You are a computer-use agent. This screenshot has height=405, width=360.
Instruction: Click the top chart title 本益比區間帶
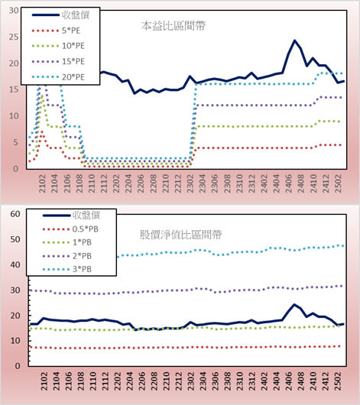[x=174, y=26]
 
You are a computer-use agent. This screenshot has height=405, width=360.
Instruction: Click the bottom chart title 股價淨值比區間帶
[x=180, y=235]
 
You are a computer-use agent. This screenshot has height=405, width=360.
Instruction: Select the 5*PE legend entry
[x=56, y=31]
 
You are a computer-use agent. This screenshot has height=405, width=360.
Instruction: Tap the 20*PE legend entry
[x=58, y=77]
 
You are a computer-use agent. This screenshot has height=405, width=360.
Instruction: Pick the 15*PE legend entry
[x=58, y=61]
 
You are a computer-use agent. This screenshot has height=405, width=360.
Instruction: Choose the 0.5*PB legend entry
[x=70, y=229]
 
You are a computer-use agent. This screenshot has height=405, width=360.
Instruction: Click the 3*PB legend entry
[x=67, y=269]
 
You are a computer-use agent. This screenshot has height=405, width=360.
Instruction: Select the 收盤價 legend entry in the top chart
[x=60, y=15]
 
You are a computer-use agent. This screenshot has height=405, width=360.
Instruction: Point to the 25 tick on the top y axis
[x=14, y=37]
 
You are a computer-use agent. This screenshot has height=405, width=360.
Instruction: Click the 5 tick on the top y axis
[x=16, y=142]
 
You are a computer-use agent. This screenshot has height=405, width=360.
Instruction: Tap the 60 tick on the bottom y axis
[x=15, y=214]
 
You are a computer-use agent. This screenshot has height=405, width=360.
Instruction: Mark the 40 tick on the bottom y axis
[x=15, y=264]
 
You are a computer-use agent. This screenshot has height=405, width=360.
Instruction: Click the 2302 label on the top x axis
[x=190, y=183]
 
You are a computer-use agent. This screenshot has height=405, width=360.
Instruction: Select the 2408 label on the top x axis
[x=301, y=183]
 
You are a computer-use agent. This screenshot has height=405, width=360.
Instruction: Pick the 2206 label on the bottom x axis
[x=142, y=381]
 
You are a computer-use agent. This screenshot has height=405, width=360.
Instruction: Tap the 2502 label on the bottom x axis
[x=339, y=381]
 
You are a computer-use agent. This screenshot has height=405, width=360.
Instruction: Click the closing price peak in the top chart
[x=294, y=40]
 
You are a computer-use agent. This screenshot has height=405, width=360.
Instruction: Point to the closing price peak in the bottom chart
[x=294, y=305]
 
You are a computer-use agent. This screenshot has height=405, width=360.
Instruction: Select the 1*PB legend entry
[x=67, y=242]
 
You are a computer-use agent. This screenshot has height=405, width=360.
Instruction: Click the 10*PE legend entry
[x=58, y=46]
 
